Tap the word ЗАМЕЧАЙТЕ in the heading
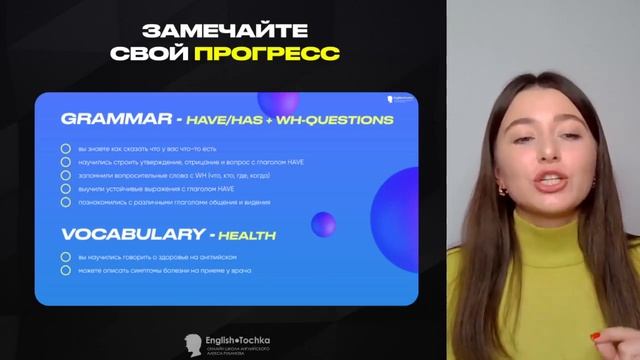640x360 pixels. point(236,30)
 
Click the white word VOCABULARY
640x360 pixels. point(129,236)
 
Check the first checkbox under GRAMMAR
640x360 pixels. point(66,148)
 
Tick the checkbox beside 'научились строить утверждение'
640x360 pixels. point(66,161)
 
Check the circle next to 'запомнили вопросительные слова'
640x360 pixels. point(66,175)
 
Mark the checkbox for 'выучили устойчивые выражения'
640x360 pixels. point(66,188)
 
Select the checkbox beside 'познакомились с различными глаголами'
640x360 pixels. point(66,202)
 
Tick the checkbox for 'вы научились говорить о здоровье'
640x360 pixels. point(66,257)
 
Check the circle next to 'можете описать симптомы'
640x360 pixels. point(66,270)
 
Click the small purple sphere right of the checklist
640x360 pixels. point(322,224)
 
